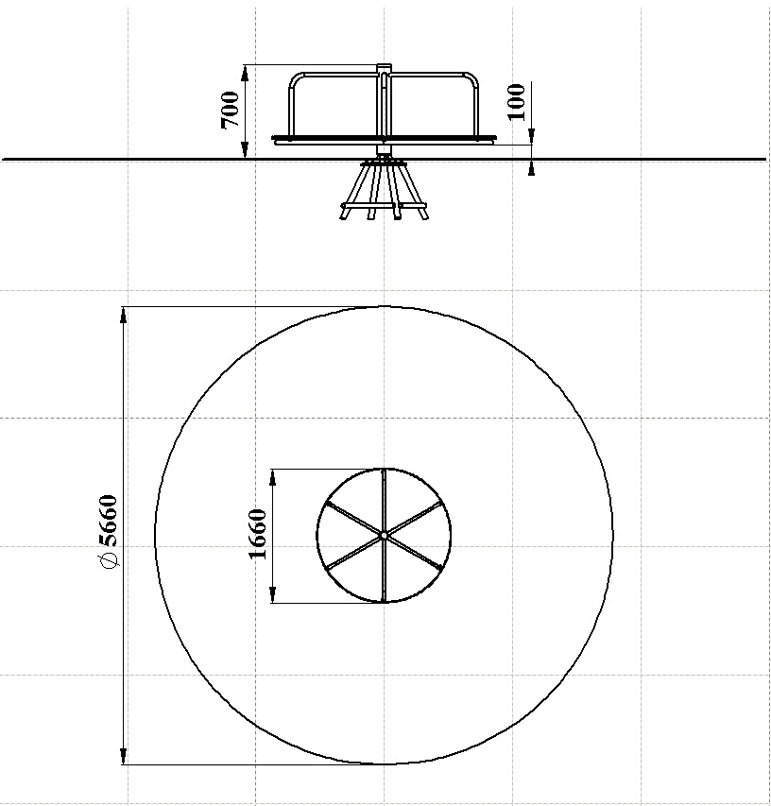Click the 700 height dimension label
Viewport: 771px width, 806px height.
pos(230,110)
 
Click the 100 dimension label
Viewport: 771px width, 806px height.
pos(517,102)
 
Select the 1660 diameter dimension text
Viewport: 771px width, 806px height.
pos(257,534)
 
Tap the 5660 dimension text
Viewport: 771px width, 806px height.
pos(109,521)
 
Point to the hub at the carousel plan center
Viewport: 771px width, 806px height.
pos(384,536)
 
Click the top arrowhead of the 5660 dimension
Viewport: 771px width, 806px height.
pos(123,315)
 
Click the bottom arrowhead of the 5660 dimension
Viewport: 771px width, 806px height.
pos(123,756)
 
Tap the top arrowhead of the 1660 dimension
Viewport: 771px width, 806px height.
pos(273,477)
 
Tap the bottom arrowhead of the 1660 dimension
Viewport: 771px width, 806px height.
pos(273,594)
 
